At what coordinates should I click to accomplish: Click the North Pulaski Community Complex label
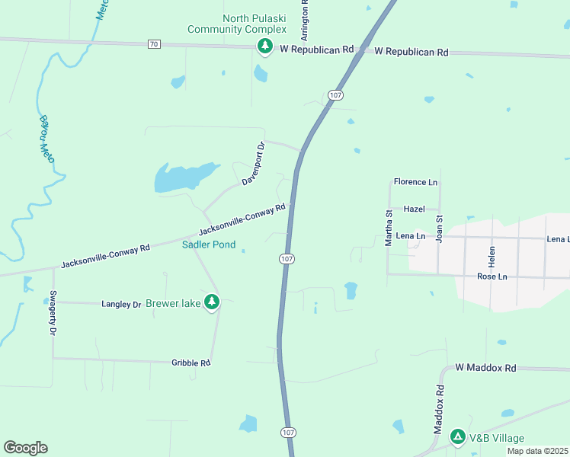(237, 24)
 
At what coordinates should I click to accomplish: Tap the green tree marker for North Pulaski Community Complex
(264, 47)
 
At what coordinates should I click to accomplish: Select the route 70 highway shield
(154, 45)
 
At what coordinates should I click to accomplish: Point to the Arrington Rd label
(305, 20)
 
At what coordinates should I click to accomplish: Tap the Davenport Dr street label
(253, 164)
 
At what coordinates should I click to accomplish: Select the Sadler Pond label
(208, 245)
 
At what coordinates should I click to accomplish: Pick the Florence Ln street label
(415, 183)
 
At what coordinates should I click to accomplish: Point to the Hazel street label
(414, 209)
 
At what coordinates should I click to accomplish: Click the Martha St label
(388, 228)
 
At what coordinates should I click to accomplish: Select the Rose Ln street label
(492, 276)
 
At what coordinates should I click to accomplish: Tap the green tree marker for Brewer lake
(212, 303)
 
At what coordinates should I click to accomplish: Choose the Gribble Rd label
(191, 363)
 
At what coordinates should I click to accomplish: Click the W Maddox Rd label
(486, 368)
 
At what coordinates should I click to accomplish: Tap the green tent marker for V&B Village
(458, 437)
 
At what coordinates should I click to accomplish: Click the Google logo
(25, 448)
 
